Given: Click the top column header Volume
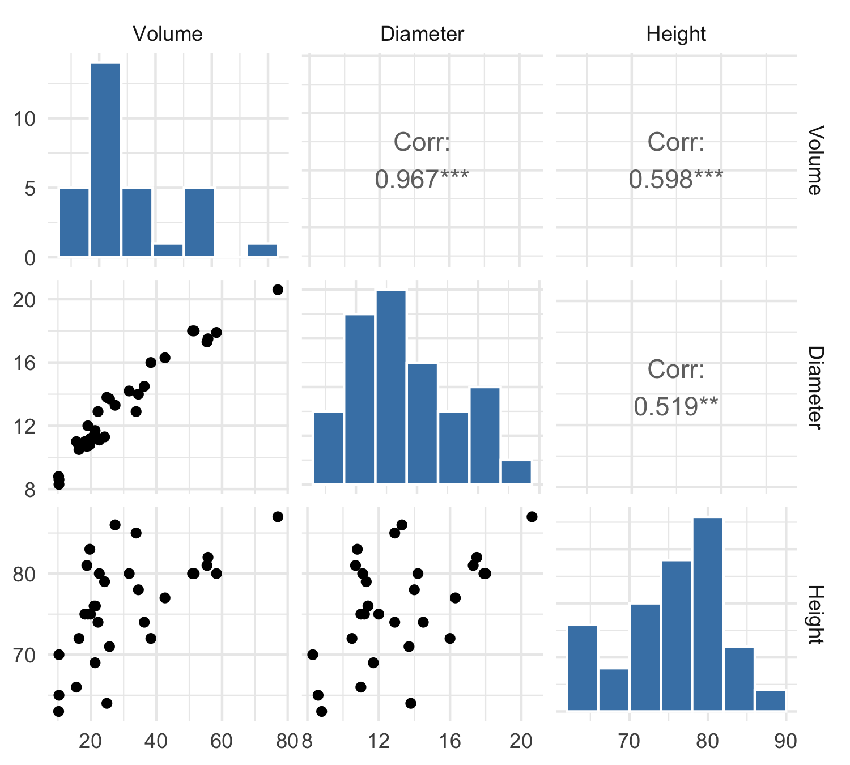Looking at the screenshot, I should [167, 34].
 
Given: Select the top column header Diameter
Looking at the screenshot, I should [422, 34].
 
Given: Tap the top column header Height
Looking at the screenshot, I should [676, 34].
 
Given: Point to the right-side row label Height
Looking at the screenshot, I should [814, 614].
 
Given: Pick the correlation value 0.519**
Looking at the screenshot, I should [676, 406].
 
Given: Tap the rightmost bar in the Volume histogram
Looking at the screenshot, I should [262, 250].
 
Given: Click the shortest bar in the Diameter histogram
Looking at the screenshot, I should [516, 472].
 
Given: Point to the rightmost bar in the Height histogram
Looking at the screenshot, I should [770, 700].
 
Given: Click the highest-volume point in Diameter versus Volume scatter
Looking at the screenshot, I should [278, 290].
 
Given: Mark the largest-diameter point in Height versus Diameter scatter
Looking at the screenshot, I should [532, 516].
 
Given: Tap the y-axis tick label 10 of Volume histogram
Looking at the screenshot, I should [24, 119].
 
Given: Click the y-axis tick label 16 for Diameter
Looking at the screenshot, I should [24, 363].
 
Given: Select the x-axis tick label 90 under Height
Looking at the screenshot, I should [785, 741].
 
